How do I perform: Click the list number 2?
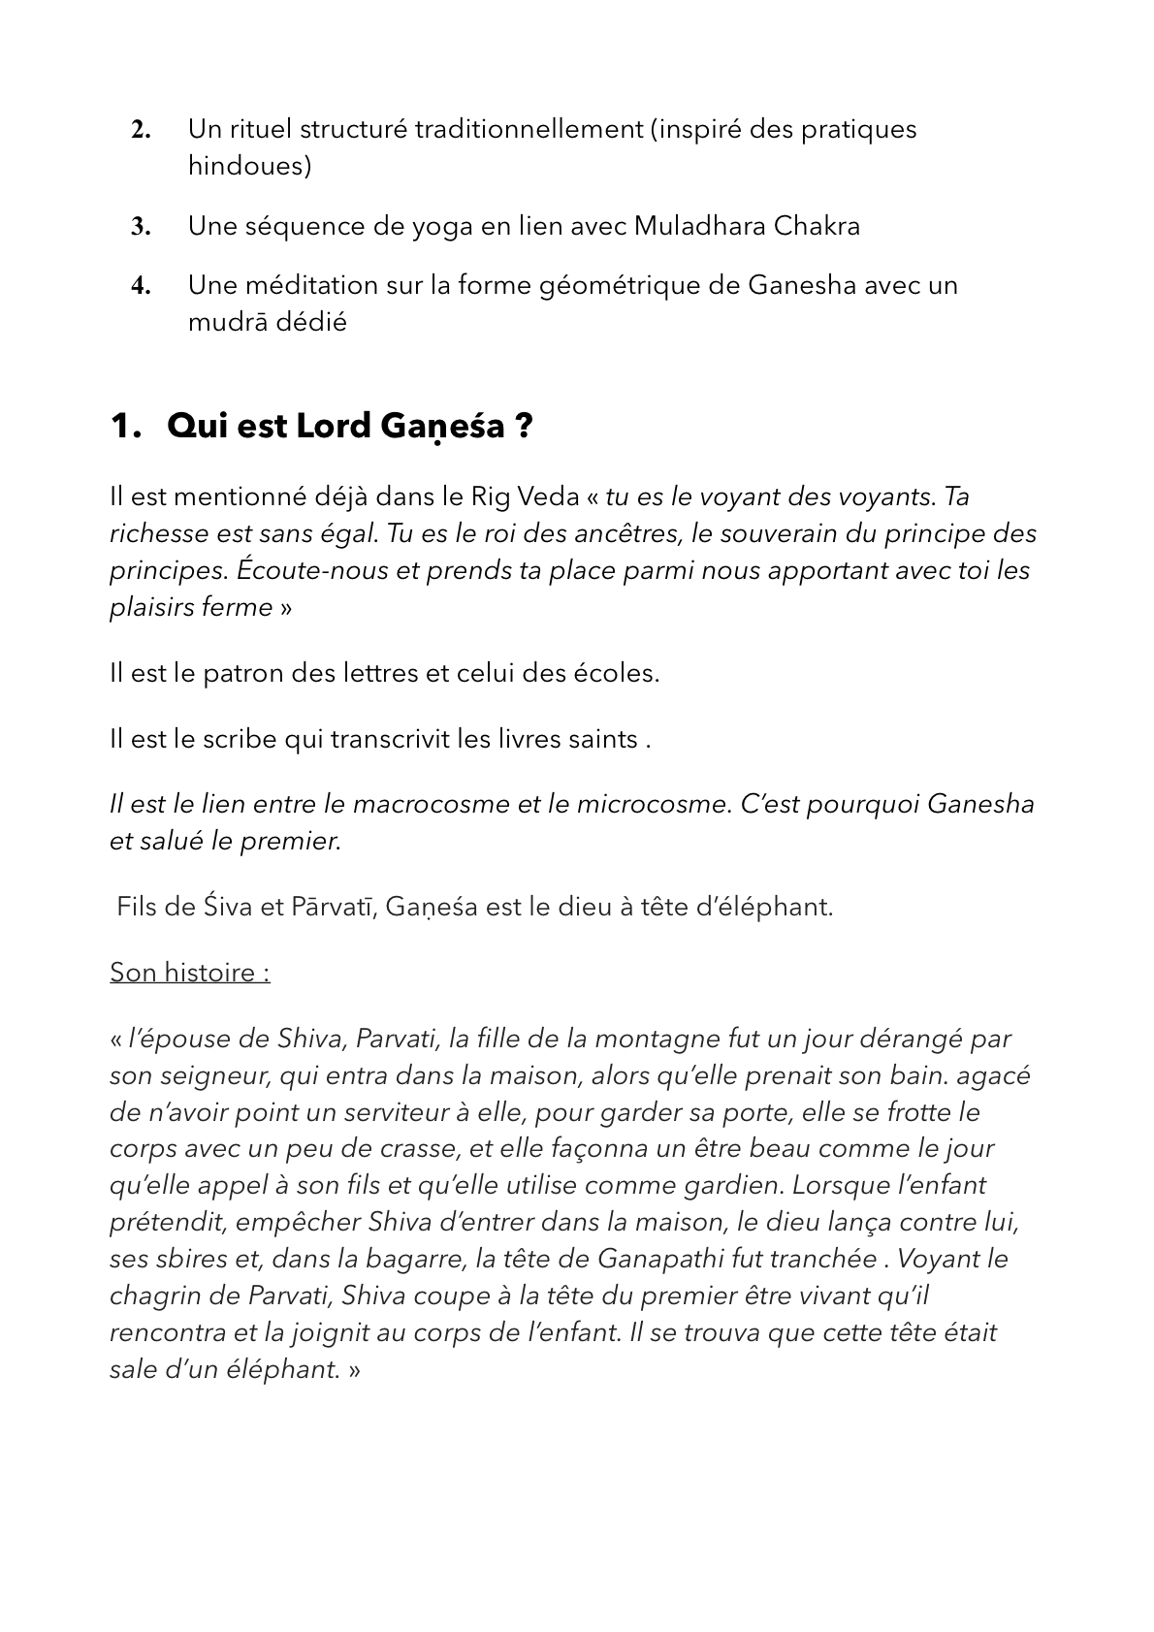point(141,130)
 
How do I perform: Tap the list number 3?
point(141,228)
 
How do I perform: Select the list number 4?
point(141,286)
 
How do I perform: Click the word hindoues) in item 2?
point(250,166)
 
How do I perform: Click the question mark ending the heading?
point(525,427)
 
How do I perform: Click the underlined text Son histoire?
point(189,973)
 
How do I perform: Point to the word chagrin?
point(156,1296)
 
